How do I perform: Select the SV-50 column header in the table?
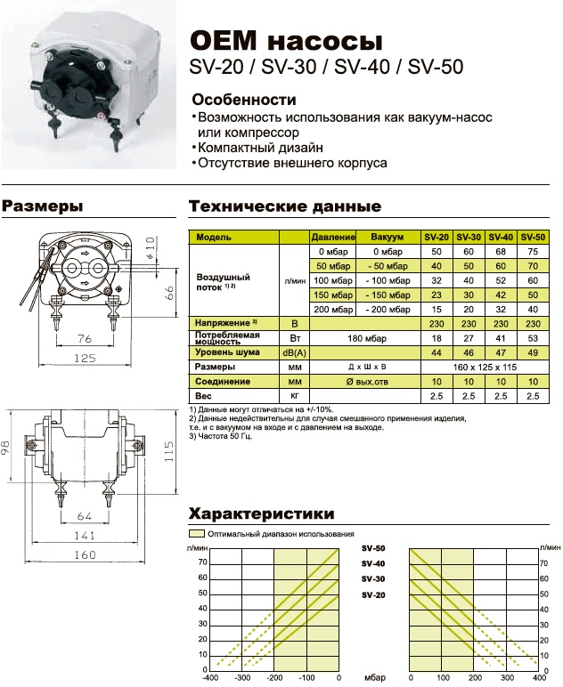point(532,238)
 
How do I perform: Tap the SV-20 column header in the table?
point(437,238)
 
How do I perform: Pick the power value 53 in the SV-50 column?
point(532,338)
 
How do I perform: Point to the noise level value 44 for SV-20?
point(437,353)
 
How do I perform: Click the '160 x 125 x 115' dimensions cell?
point(485,368)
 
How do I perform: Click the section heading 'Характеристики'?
point(261,514)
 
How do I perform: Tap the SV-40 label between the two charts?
point(373,564)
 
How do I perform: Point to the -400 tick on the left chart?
point(209,678)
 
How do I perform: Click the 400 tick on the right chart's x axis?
point(538,678)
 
